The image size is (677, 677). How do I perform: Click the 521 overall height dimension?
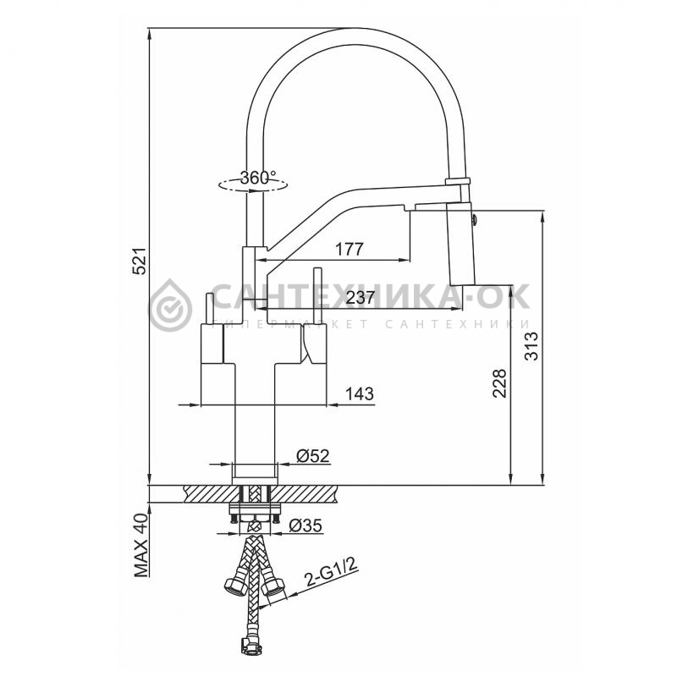pyautogui.click(x=140, y=261)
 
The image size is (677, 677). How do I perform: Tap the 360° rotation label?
pyautogui.click(x=258, y=177)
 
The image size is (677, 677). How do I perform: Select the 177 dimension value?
pyautogui.click(x=350, y=249)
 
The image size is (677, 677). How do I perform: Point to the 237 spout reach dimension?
pyautogui.click(x=360, y=298)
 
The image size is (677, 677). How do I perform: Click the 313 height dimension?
pyautogui.click(x=531, y=345)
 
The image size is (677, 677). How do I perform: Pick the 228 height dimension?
pyautogui.click(x=499, y=383)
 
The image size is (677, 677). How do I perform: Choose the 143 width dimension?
pyautogui.click(x=360, y=394)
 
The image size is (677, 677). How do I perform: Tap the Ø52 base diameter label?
pyautogui.click(x=313, y=456)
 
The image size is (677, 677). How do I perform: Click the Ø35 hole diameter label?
pyautogui.click(x=305, y=526)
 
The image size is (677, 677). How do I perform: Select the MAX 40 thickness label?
pyautogui.click(x=141, y=546)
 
